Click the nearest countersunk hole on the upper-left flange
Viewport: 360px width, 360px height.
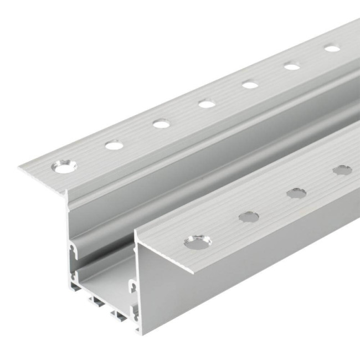pyautogui.click(x=65, y=166)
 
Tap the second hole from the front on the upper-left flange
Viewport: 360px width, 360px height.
pyautogui.click(x=114, y=146)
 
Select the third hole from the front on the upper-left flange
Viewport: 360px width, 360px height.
pyautogui.click(x=161, y=124)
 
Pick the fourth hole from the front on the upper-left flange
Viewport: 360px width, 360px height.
pyautogui.click(x=207, y=104)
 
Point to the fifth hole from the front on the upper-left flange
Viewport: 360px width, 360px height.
pyautogui.click(x=250, y=85)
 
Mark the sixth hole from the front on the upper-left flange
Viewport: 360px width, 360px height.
pyautogui.click(x=292, y=66)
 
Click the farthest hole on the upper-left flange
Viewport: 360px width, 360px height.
pyautogui.click(x=332, y=49)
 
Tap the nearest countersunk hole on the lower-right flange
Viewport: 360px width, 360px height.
pyautogui.click(x=198, y=242)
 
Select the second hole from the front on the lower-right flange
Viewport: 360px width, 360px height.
pyautogui.click(x=249, y=217)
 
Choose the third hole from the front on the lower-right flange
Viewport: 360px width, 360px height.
pyautogui.click(x=296, y=193)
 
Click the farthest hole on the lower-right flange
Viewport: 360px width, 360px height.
pyautogui.click(x=342, y=170)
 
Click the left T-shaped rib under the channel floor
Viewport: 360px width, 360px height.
pyautogui.click(x=96, y=302)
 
